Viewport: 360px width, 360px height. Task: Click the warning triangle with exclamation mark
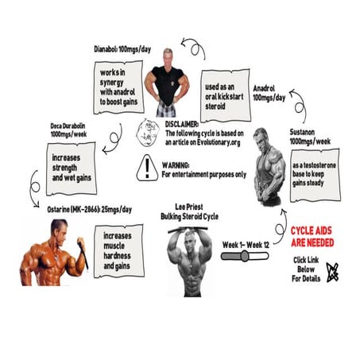click(x=147, y=168)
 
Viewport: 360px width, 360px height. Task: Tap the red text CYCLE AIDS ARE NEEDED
click(x=312, y=237)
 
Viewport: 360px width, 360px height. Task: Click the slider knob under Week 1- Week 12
click(x=245, y=256)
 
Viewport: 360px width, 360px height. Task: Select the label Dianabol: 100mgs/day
click(x=122, y=49)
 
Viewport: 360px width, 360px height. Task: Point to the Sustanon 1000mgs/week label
click(x=310, y=137)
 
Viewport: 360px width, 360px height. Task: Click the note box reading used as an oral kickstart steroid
click(x=226, y=95)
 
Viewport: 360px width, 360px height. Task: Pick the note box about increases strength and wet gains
click(x=72, y=168)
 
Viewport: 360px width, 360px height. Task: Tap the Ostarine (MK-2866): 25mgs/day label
click(x=89, y=210)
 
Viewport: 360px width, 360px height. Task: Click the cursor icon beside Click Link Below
click(x=332, y=273)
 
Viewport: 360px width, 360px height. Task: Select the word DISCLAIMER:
click(x=182, y=124)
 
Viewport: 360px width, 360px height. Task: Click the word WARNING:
click(x=176, y=165)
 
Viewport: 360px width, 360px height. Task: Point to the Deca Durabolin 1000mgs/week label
click(x=68, y=130)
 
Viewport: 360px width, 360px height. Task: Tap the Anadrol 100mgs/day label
click(x=269, y=93)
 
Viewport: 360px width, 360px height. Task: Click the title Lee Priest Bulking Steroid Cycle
click(x=189, y=211)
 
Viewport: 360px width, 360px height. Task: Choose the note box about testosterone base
click(x=315, y=175)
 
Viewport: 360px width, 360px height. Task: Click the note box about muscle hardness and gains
click(x=119, y=251)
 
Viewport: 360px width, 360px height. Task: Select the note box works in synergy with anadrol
click(x=118, y=87)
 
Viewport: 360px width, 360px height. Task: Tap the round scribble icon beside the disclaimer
click(x=148, y=133)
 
